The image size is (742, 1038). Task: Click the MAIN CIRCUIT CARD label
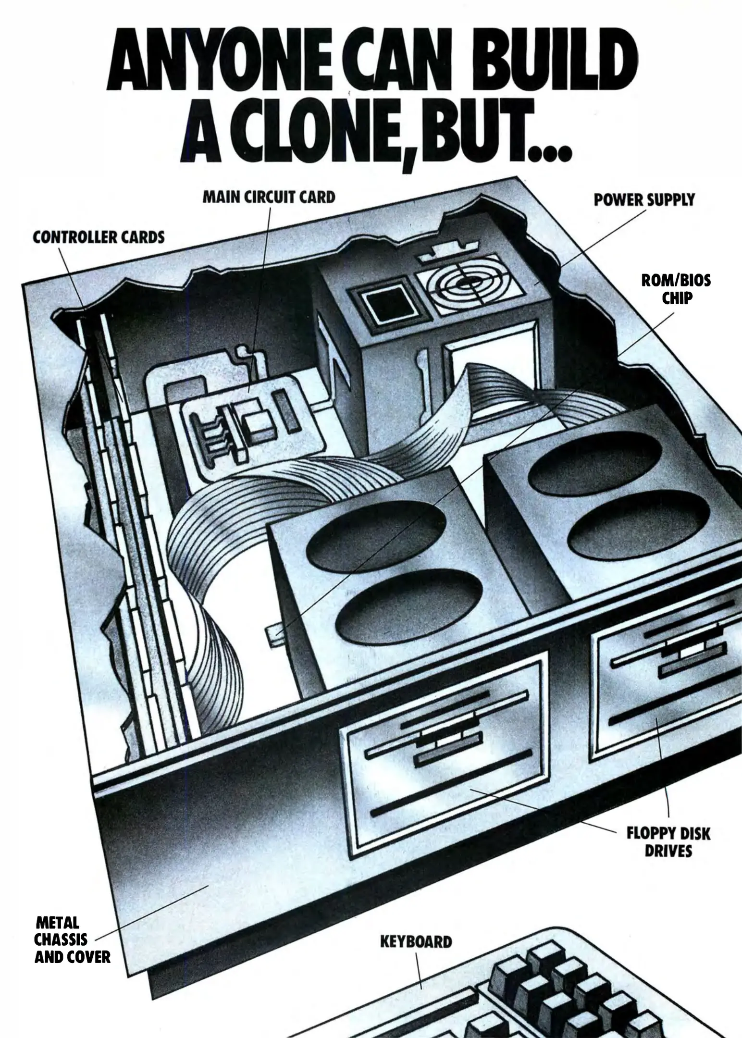(269, 197)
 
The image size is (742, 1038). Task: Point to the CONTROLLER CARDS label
(99, 237)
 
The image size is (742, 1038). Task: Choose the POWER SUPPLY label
(644, 200)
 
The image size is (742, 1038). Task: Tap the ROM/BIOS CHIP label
(676, 289)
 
